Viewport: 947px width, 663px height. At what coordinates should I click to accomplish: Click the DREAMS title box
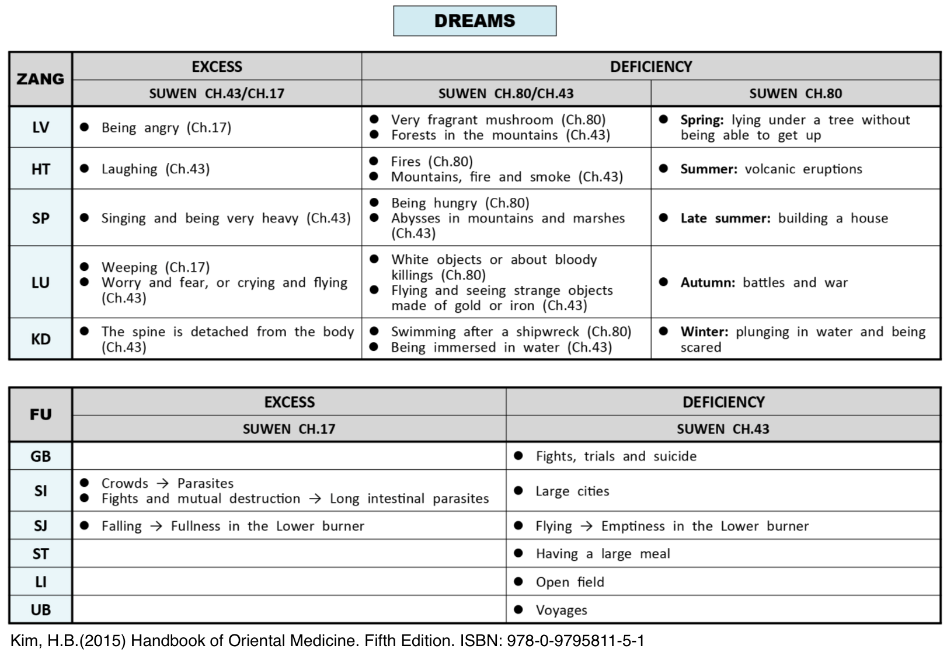(x=474, y=21)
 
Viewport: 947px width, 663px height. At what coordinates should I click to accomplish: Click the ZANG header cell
(x=40, y=79)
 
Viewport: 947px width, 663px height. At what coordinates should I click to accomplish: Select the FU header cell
(x=40, y=414)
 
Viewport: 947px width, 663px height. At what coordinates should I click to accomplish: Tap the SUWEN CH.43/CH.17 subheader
(x=217, y=93)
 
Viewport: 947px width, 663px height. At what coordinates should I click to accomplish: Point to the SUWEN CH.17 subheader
(x=289, y=429)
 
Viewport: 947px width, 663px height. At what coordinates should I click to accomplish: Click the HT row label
(x=40, y=169)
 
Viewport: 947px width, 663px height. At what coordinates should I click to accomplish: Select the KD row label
(x=40, y=339)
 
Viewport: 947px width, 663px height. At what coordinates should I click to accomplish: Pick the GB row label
(x=40, y=456)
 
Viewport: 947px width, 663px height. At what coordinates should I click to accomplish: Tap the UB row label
(x=40, y=610)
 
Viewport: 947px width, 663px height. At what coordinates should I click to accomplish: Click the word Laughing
(x=129, y=169)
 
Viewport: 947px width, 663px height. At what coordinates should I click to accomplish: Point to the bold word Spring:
(x=702, y=120)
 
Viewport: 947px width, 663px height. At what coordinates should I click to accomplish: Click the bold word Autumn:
(x=708, y=283)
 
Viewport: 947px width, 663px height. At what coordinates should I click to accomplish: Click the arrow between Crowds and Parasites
(x=163, y=483)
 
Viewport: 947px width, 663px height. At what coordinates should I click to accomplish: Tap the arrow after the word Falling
(x=156, y=526)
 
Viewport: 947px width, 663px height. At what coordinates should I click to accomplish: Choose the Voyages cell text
(x=561, y=610)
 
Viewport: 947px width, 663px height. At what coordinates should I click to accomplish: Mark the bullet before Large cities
(x=518, y=491)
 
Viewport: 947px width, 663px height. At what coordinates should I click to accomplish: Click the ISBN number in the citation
(x=575, y=641)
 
